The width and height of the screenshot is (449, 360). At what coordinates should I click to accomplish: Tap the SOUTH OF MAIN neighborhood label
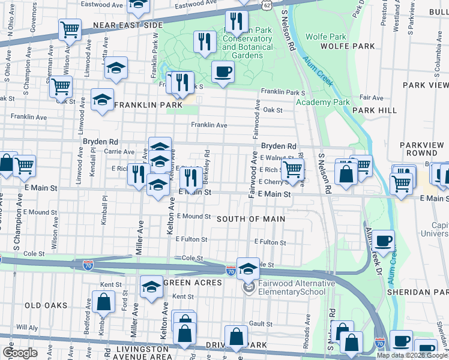point(250,219)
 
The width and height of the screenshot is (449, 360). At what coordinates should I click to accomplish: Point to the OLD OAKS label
point(46,305)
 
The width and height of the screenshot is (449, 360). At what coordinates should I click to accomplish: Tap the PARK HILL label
point(375,110)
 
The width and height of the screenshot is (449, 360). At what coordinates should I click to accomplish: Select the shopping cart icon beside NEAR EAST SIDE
point(70,29)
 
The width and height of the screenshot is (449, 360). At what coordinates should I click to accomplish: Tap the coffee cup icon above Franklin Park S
point(223,73)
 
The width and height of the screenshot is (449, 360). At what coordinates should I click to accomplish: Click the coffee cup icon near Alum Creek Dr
point(384,241)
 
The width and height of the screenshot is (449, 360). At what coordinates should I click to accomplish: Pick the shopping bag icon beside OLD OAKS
point(104,302)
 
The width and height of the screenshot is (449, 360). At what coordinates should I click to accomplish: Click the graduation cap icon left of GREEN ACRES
point(152,286)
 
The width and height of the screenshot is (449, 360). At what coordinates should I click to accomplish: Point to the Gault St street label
point(262,323)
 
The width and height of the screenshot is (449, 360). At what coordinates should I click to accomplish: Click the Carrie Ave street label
point(119,152)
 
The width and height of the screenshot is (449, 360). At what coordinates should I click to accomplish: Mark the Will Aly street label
point(27,328)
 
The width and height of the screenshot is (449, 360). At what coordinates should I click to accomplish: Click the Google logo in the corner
point(19,353)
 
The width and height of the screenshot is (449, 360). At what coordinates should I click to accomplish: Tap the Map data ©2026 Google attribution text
point(411,355)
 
